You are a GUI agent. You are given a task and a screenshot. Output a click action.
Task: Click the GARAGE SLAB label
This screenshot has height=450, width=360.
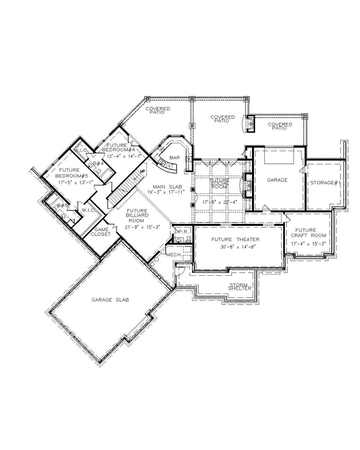110,300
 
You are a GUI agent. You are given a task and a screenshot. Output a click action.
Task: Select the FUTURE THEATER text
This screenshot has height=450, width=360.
235,239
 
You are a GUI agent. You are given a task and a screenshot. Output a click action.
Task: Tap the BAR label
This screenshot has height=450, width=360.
175,158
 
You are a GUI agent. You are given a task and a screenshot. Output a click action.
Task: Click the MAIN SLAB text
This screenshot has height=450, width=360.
167,186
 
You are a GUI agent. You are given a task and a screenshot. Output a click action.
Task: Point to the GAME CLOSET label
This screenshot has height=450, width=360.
102,232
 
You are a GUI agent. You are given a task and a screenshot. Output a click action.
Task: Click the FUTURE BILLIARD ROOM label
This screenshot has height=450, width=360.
137,216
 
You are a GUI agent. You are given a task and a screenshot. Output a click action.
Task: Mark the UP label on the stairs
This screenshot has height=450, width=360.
142,171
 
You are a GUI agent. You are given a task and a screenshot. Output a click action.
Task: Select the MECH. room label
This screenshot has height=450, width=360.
174,255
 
